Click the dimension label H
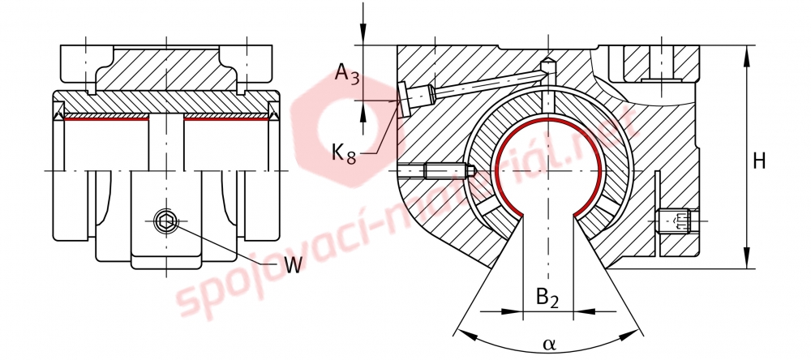pyautogui.click(x=758, y=161)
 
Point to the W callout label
pyautogui.click(x=293, y=265)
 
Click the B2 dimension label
pyautogui.click(x=547, y=299)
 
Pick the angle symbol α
pyautogui.click(x=549, y=343)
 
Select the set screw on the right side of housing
pyautogui.click(x=677, y=221)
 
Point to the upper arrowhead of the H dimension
pyautogui.click(x=747, y=57)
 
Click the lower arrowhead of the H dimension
pyautogui.click(x=747, y=258)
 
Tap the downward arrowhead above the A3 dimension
pyautogui.click(x=364, y=34)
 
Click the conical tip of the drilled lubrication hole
pyautogui.click(x=547, y=65)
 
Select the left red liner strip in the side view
pyautogui.click(x=106, y=118)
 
